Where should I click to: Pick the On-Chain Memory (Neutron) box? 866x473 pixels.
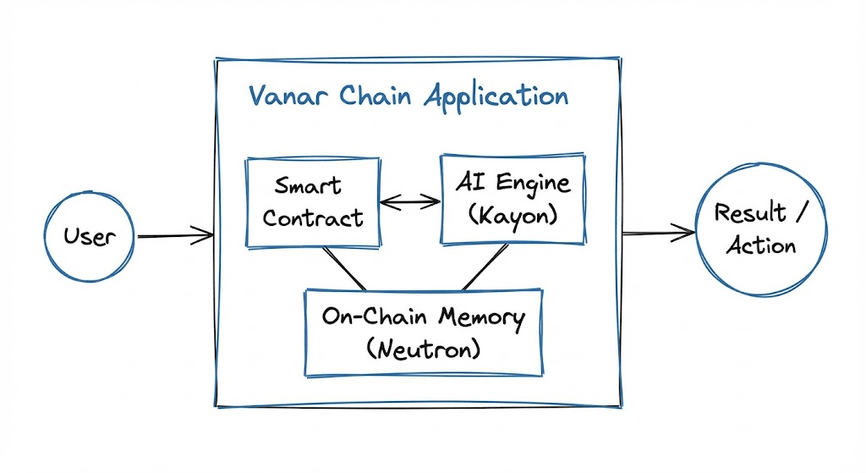click(424, 331)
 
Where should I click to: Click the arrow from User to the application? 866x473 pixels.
click(174, 237)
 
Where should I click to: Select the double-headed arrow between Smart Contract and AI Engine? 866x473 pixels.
click(410, 201)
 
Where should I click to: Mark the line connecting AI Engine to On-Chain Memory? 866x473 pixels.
click(484, 267)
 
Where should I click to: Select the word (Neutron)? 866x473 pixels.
click(424, 347)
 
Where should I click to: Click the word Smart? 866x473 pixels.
click(308, 184)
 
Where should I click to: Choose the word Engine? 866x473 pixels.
click(534, 182)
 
